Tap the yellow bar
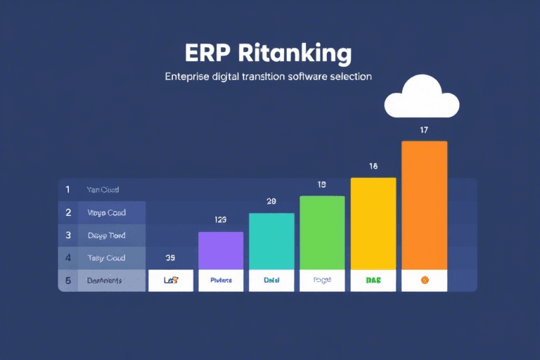pyautogui.click(x=373, y=224)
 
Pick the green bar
pyautogui.click(x=322, y=233)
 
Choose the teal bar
pyautogui.click(x=271, y=241)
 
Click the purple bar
pyautogui.click(x=221, y=250)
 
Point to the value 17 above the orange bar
pyautogui.click(x=424, y=130)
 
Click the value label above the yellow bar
pyautogui.click(x=373, y=167)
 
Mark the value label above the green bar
pyautogui.click(x=322, y=185)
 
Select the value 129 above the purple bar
pyautogui.click(x=221, y=220)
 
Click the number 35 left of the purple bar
pyautogui.click(x=170, y=257)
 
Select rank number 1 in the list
pyautogui.click(x=68, y=189)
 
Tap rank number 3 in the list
pyautogui.click(x=68, y=235)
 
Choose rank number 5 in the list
pyautogui.click(x=68, y=281)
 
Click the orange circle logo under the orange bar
pyautogui.click(x=424, y=280)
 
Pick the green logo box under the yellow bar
pyautogui.click(x=373, y=280)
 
